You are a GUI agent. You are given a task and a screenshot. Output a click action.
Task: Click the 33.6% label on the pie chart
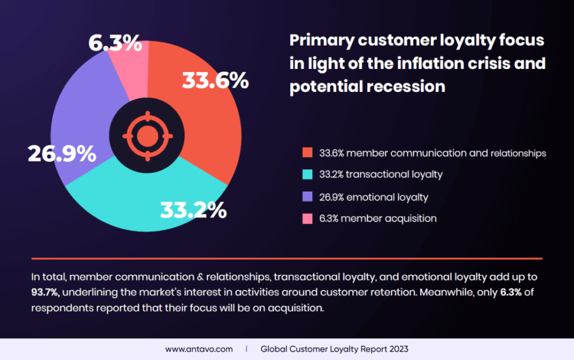tap(216, 81)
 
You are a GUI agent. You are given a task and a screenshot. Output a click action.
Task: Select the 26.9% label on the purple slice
tap(62, 154)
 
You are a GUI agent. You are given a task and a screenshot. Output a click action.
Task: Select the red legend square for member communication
tap(307, 153)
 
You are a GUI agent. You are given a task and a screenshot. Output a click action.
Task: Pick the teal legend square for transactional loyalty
tap(307, 175)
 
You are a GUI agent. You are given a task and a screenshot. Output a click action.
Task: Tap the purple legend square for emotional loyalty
tap(307, 197)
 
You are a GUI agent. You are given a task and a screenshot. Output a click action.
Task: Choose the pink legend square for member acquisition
tap(307, 219)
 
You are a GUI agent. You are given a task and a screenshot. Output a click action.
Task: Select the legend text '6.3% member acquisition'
tap(378, 219)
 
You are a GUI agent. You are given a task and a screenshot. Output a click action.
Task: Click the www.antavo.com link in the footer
tap(198, 349)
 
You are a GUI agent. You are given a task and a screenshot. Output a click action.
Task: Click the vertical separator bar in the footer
tap(247, 349)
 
